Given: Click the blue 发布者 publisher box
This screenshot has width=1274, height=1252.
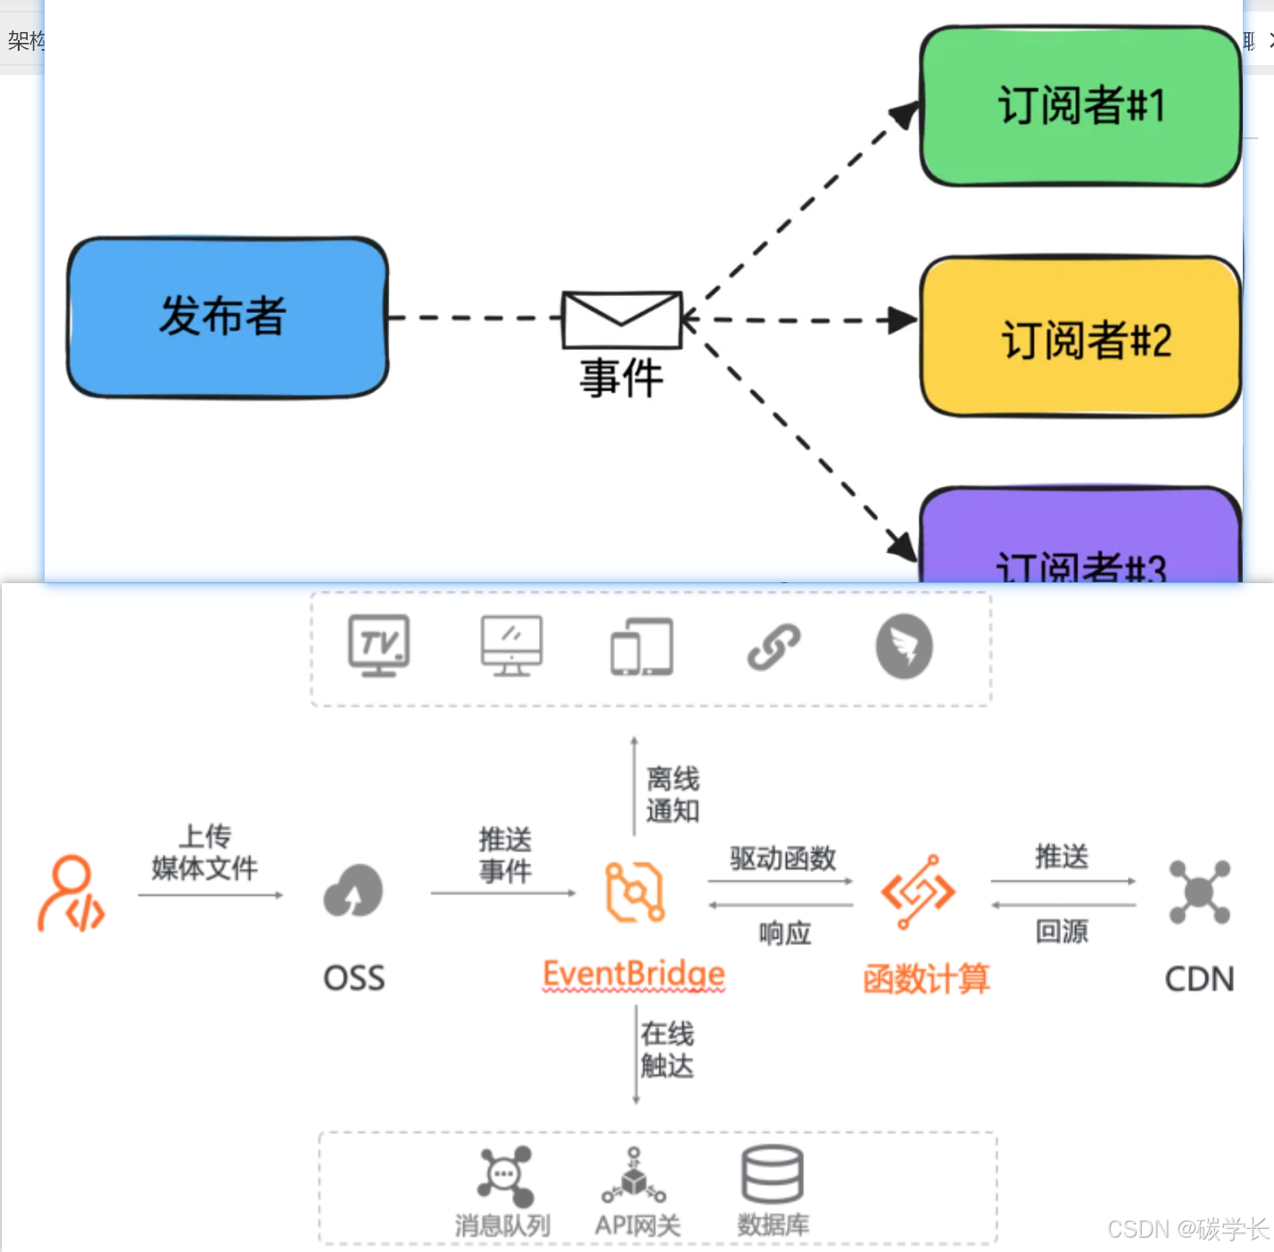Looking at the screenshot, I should pyautogui.click(x=227, y=317).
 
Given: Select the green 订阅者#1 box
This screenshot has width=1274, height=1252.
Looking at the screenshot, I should pyautogui.click(x=1080, y=106).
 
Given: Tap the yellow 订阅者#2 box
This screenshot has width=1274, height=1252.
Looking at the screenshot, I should pyautogui.click(x=1080, y=337).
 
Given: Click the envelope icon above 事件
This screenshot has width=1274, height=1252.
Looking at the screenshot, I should pyautogui.click(x=622, y=319).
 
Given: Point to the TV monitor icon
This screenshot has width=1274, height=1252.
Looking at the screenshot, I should pyautogui.click(x=379, y=646).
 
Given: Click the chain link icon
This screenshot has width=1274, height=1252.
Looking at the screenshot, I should pyautogui.click(x=773, y=647).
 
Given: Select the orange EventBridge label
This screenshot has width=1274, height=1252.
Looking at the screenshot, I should pyautogui.click(x=633, y=974).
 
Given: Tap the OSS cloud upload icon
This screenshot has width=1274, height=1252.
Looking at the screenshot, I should pyautogui.click(x=354, y=891).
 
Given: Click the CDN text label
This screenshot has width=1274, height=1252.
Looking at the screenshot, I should pyautogui.click(x=1199, y=979).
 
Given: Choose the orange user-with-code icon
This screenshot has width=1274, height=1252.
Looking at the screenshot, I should pyautogui.click(x=71, y=893).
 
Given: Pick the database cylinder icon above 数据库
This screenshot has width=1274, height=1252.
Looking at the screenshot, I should pyautogui.click(x=773, y=1174).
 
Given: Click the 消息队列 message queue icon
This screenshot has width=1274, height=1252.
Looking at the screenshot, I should pyautogui.click(x=505, y=1176).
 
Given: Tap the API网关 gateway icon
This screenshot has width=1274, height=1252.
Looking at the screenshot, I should pyautogui.click(x=634, y=1176).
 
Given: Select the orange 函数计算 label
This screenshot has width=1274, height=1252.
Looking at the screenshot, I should pyautogui.click(x=926, y=979).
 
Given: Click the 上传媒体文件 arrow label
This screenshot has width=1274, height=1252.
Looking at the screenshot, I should pyautogui.click(x=205, y=853).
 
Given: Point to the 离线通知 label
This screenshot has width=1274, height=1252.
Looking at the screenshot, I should pyautogui.click(x=673, y=795).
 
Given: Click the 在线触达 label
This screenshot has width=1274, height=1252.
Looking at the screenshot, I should pyautogui.click(x=667, y=1050).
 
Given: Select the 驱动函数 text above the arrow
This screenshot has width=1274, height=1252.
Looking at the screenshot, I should pyautogui.click(x=782, y=859).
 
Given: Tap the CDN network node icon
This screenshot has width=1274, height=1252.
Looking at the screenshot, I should pyautogui.click(x=1199, y=891).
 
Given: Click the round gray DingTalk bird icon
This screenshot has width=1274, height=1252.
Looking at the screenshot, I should pyautogui.click(x=904, y=647).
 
